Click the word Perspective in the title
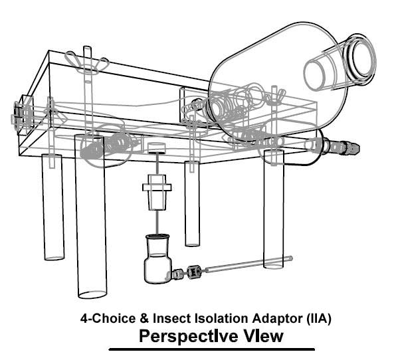(x=189, y=337)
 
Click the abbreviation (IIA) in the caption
(x=319, y=319)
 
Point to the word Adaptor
(x=278, y=319)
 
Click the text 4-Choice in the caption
(x=108, y=318)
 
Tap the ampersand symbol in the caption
(x=144, y=318)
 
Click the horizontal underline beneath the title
(x=211, y=349)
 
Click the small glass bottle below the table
(x=157, y=259)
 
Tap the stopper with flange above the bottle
(x=157, y=192)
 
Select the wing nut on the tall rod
(x=86, y=63)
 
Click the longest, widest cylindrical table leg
(x=91, y=217)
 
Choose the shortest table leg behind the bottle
(x=192, y=203)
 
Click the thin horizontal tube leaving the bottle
(x=248, y=264)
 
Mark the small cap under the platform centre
(x=157, y=148)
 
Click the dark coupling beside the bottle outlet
(x=193, y=272)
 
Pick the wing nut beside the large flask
(x=276, y=97)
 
